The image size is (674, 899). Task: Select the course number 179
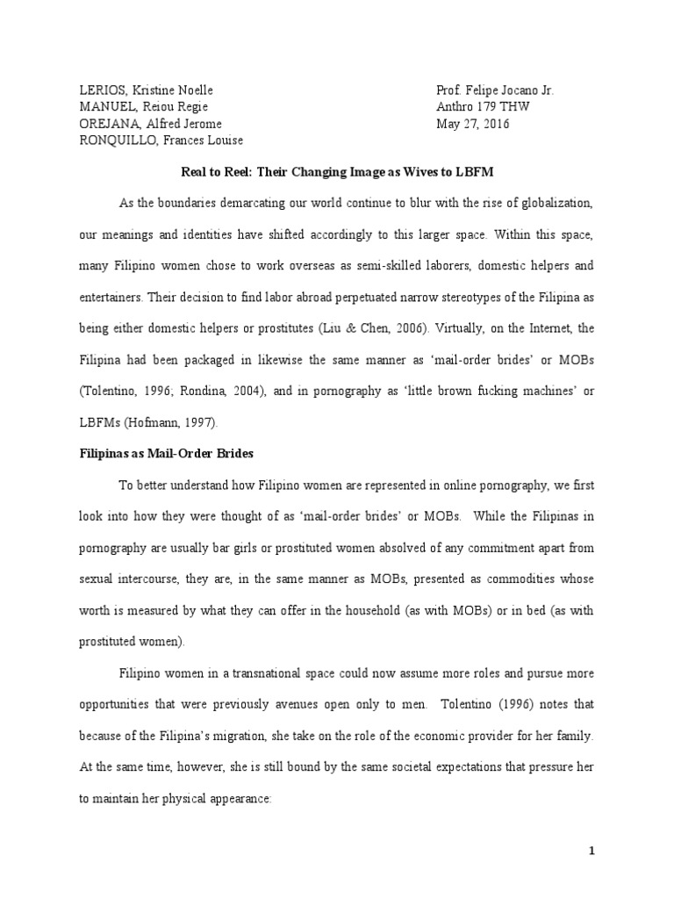coord(488,107)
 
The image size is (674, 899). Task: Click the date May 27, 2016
coord(473,124)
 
